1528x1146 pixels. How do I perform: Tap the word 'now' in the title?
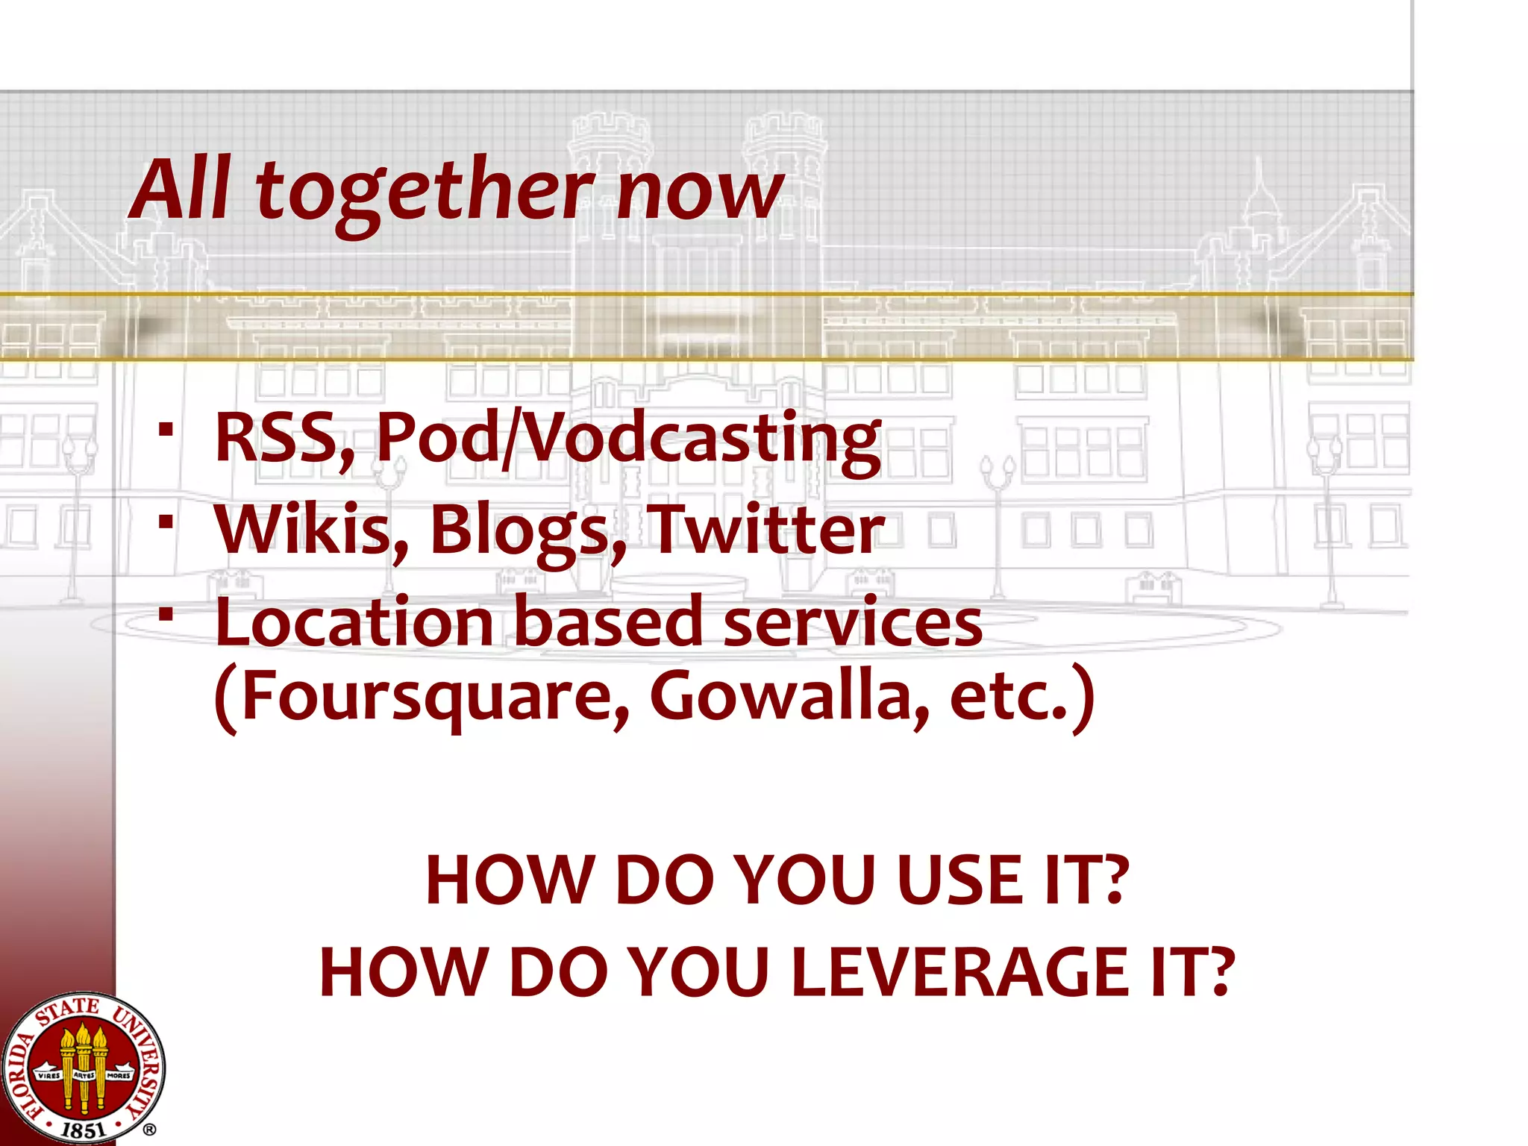699,192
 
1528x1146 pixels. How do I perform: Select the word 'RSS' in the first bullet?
284,439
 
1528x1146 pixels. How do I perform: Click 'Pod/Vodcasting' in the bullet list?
628,440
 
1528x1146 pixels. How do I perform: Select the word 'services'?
853,622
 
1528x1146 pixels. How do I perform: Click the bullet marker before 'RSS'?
166,430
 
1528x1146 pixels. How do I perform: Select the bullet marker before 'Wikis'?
166,522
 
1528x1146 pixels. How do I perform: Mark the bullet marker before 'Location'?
166,614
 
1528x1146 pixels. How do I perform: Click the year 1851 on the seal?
83,1130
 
